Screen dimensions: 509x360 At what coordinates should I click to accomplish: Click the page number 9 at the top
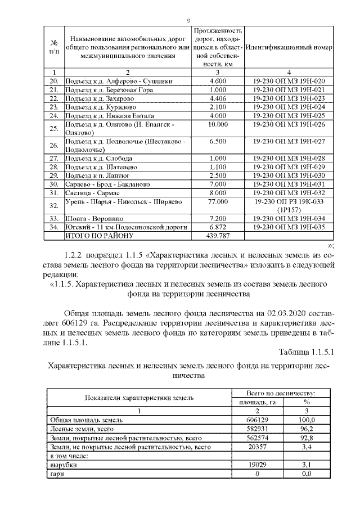point(189,21)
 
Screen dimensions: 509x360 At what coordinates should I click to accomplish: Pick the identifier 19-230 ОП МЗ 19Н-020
point(289,81)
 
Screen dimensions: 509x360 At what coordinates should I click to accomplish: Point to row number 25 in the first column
point(55,128)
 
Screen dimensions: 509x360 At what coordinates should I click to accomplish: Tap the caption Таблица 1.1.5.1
point(307,352)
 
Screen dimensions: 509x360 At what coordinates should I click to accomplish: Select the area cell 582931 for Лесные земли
point(256,428)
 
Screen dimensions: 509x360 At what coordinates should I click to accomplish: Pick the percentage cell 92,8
point(307,436)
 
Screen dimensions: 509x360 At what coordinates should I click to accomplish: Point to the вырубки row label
point(60,466)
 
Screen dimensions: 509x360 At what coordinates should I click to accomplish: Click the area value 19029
point(256,466)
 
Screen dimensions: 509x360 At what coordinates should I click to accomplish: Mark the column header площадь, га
point(256,402)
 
